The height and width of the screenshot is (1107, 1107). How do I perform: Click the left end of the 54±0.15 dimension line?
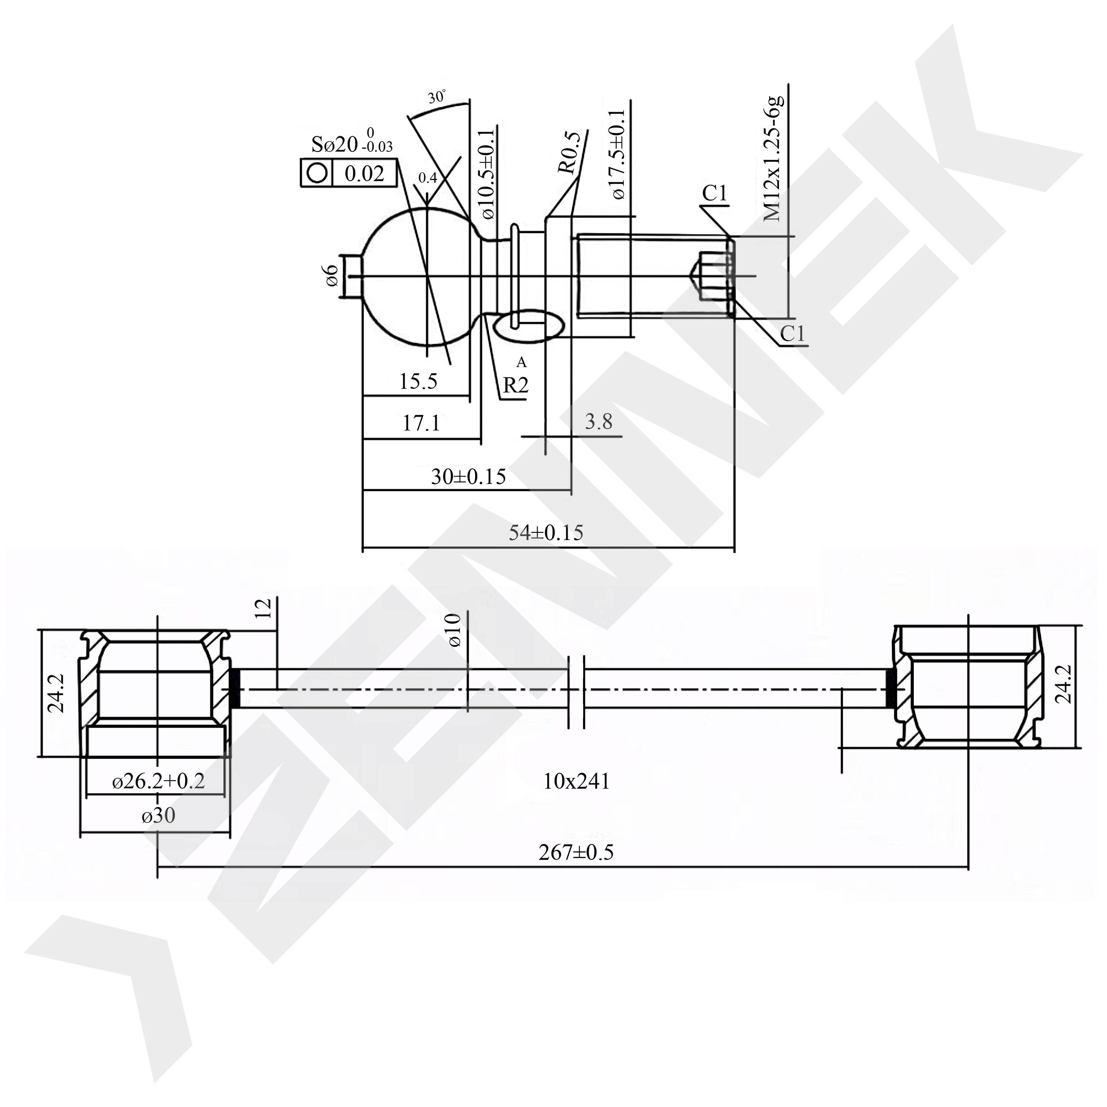(x=363, y=547)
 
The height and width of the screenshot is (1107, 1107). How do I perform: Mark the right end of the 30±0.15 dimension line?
(x=571, y=491)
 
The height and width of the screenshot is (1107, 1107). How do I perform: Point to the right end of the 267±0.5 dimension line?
(x=968, y=867)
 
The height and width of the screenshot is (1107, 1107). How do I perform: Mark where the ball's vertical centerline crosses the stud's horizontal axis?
(x=427, y=277)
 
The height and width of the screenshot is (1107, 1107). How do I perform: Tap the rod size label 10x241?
(x=577, y=781)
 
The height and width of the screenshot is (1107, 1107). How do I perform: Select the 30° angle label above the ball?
(x=437, y=97)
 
